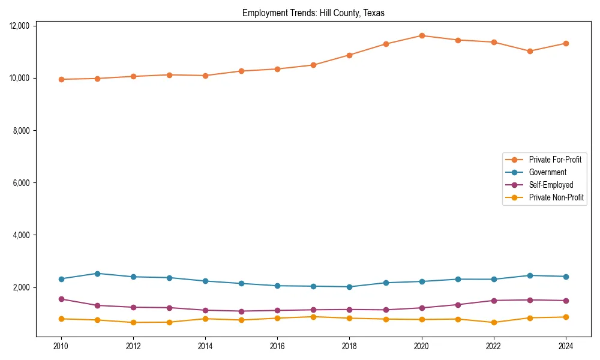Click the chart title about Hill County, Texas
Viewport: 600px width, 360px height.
point(313,13)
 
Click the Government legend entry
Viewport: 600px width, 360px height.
point(547,172)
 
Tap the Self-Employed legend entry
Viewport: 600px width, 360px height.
point(551,185)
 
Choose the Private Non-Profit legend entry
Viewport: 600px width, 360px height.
point(556,197)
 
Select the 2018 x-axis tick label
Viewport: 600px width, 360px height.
point(349,346)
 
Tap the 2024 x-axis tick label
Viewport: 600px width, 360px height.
point(566,346)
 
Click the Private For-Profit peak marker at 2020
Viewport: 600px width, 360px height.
point(422,35)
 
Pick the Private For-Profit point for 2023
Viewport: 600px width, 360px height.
point(530,51)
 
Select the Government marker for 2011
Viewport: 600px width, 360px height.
point(97,274)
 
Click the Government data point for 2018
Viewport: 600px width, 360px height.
point(349,287)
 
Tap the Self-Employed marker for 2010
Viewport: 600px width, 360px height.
point(61,299)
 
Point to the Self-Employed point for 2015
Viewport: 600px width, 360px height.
point(241,311)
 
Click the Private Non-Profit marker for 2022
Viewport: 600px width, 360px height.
point(494,322)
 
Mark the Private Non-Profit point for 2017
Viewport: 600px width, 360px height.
point(313,317)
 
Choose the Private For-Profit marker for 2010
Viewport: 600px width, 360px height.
point(61,79)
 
